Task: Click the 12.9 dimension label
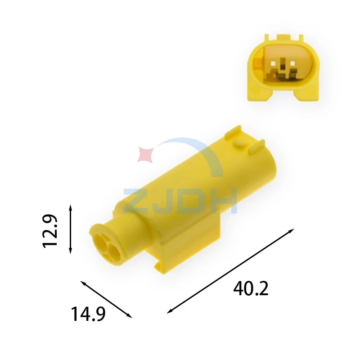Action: coord(50,231)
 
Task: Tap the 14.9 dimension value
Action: coord(88,314)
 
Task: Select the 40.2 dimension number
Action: coord(251,288)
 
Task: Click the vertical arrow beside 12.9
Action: coord(71,229)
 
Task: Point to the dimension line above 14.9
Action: coord(106,299)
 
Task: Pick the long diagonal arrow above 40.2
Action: coord(230,271)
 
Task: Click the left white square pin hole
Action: coord(273,63)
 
